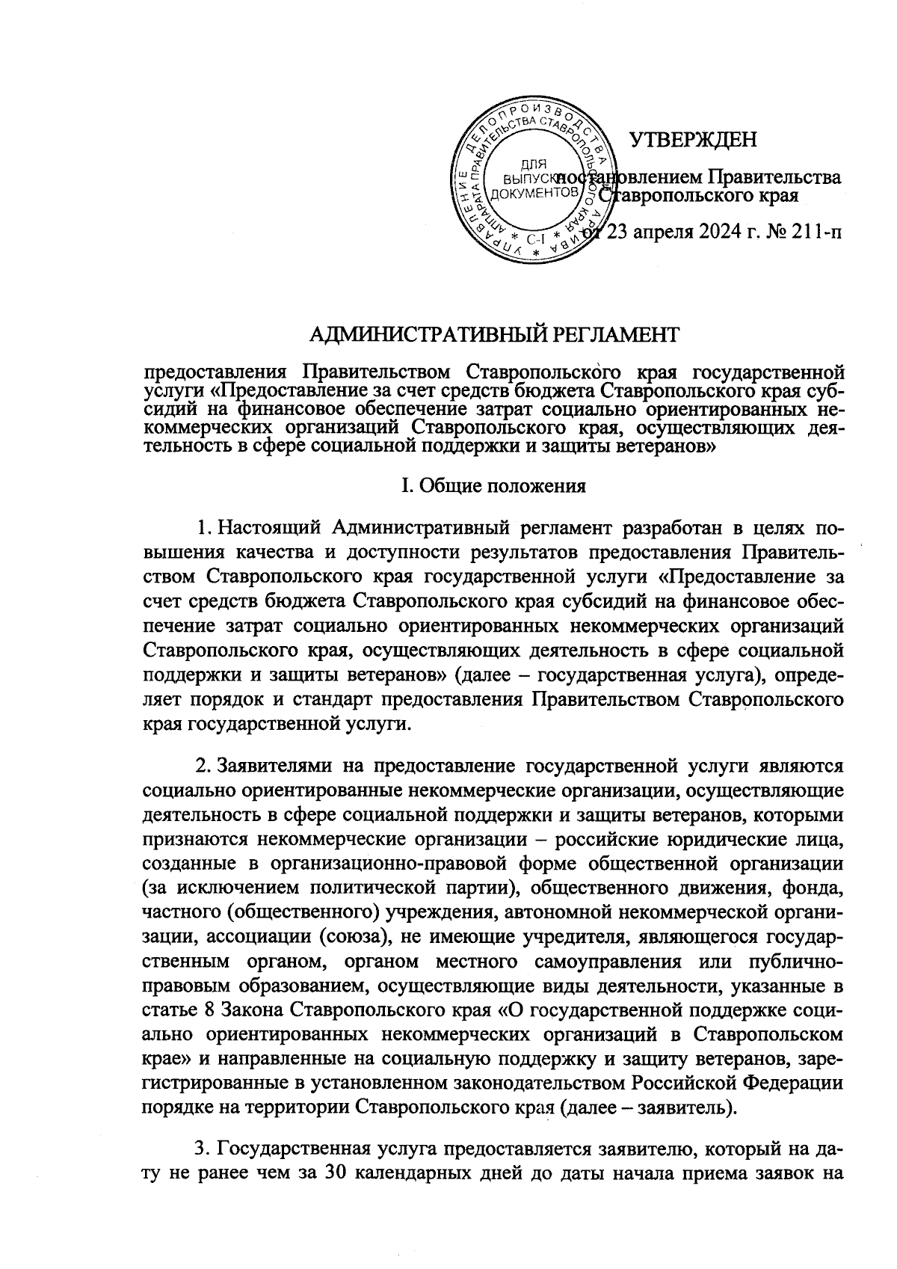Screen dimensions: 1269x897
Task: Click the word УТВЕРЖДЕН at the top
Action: tap(693, 140)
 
